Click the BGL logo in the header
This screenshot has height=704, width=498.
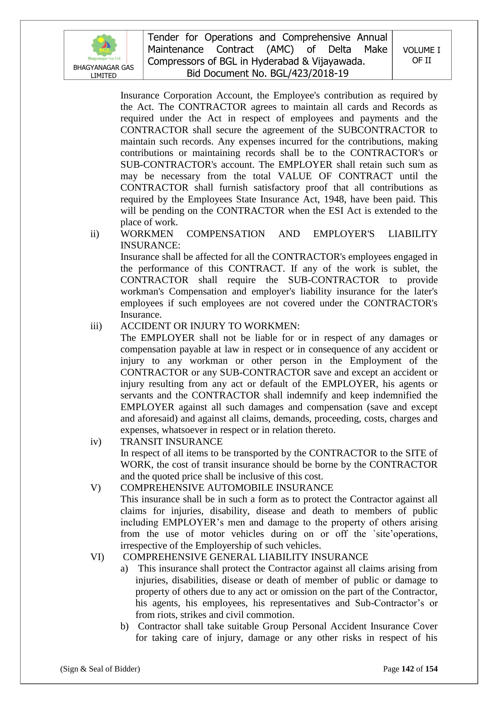coord(104,47)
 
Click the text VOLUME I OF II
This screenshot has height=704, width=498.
coord(421,55)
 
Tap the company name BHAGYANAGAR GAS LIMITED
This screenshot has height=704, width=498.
coord(103,71)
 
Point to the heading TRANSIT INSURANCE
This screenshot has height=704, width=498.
coord(171,441)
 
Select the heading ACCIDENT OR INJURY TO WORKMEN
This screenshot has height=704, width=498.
coord(210,326)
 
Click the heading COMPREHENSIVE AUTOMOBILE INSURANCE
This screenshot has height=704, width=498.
coord(227,488)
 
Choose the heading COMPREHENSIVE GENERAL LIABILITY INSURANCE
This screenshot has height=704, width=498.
coord(245,557)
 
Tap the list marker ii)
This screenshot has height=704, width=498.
coord(95,234)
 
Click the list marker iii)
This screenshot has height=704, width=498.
coord(96,326)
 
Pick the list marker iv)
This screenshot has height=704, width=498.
coord(96,441)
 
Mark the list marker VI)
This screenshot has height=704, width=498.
coord(97,557)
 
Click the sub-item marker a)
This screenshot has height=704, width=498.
coord(124,568)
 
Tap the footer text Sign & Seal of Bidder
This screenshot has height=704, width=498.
coord(100,669)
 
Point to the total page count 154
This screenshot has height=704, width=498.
coord(431,669)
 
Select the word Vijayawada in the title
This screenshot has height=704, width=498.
coord(338,62)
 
